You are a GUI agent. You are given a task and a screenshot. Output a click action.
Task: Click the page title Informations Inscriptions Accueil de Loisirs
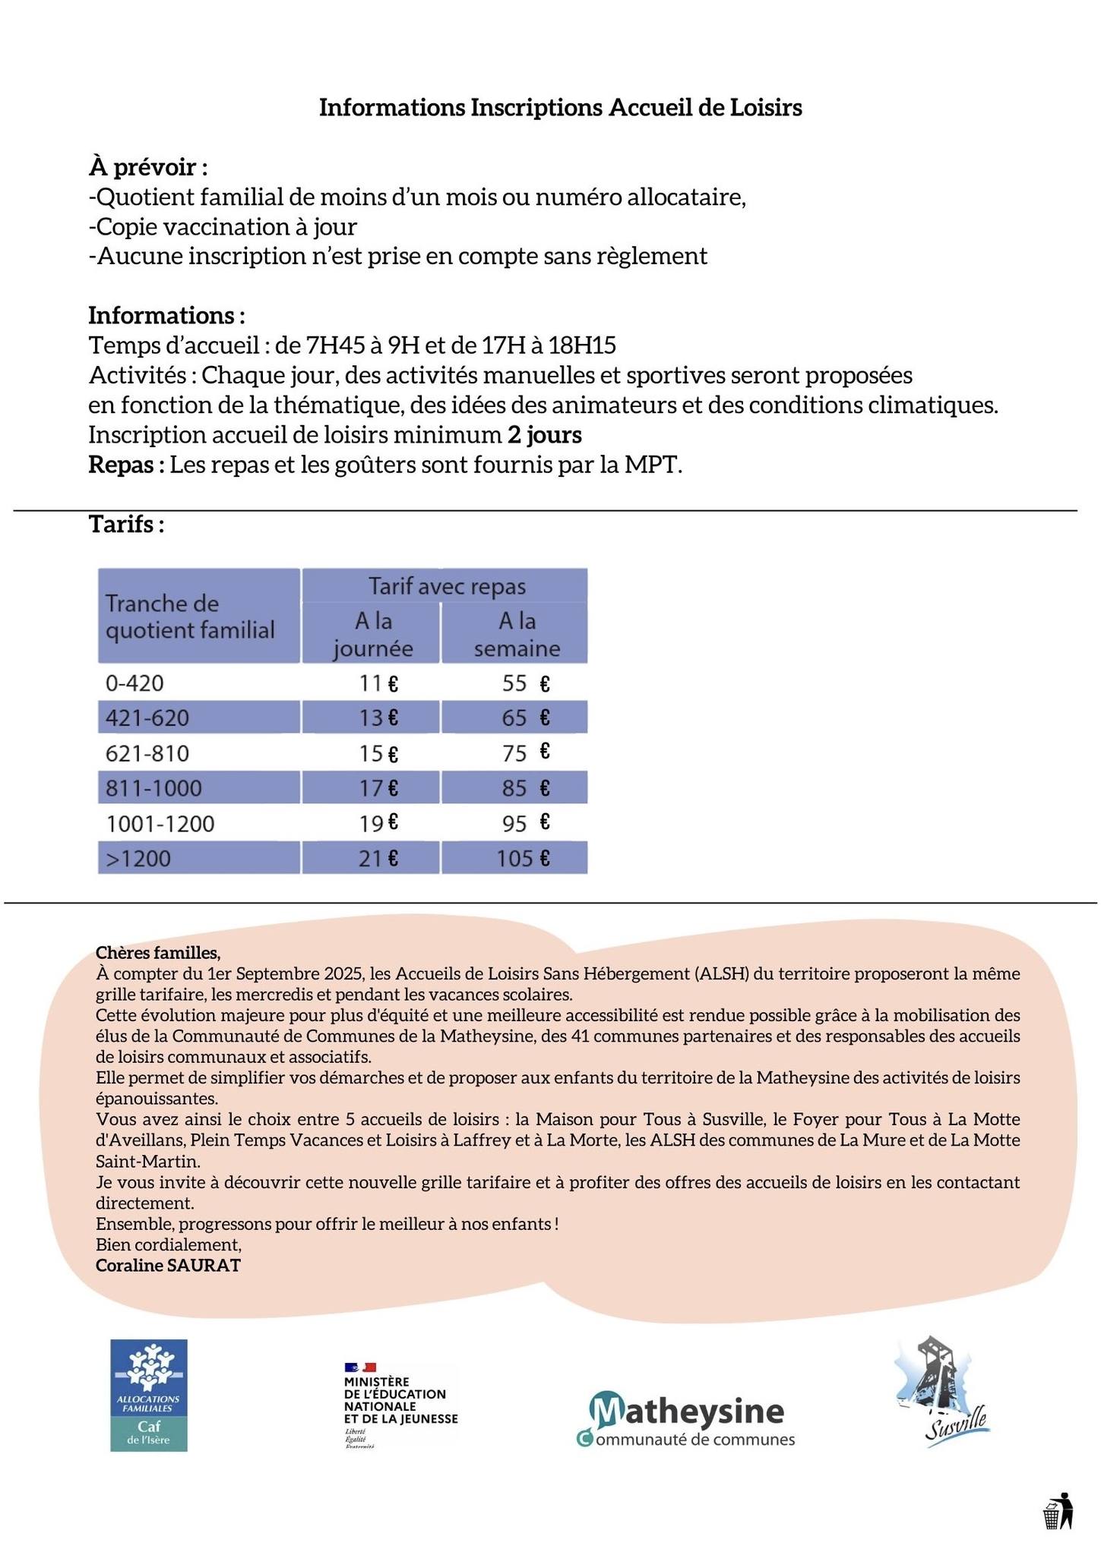click(x=560, y=108)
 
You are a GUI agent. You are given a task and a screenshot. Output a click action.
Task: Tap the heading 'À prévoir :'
click(x=148, y=166)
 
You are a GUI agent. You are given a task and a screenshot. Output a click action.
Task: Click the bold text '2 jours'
click(x=544, y=435)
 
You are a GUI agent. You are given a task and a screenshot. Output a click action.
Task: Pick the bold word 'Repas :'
click(x=126, y=465)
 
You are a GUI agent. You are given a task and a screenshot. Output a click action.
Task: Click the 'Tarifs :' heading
click(x=126, y=524)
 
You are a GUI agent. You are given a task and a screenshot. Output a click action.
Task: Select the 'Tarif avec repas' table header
click(x=446, y=586)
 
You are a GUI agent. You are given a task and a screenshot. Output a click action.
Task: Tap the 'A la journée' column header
click(x=372, y=634)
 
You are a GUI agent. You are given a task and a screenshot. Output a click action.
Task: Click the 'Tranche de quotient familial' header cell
click(x=190, y=617)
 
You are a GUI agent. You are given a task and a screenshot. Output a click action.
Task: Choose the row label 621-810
click(x=147, y=753)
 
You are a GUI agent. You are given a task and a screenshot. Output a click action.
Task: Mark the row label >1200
click(x=138, y=859)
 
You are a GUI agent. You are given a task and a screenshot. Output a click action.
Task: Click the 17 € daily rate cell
click(x=378, y=788)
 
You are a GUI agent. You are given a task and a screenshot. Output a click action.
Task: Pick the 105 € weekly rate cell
click(x=523, y=859)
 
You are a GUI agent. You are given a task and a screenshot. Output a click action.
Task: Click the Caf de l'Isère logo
click(x=149, y=1395)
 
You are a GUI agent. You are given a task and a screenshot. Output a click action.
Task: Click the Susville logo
click(x=942, y=1393)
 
